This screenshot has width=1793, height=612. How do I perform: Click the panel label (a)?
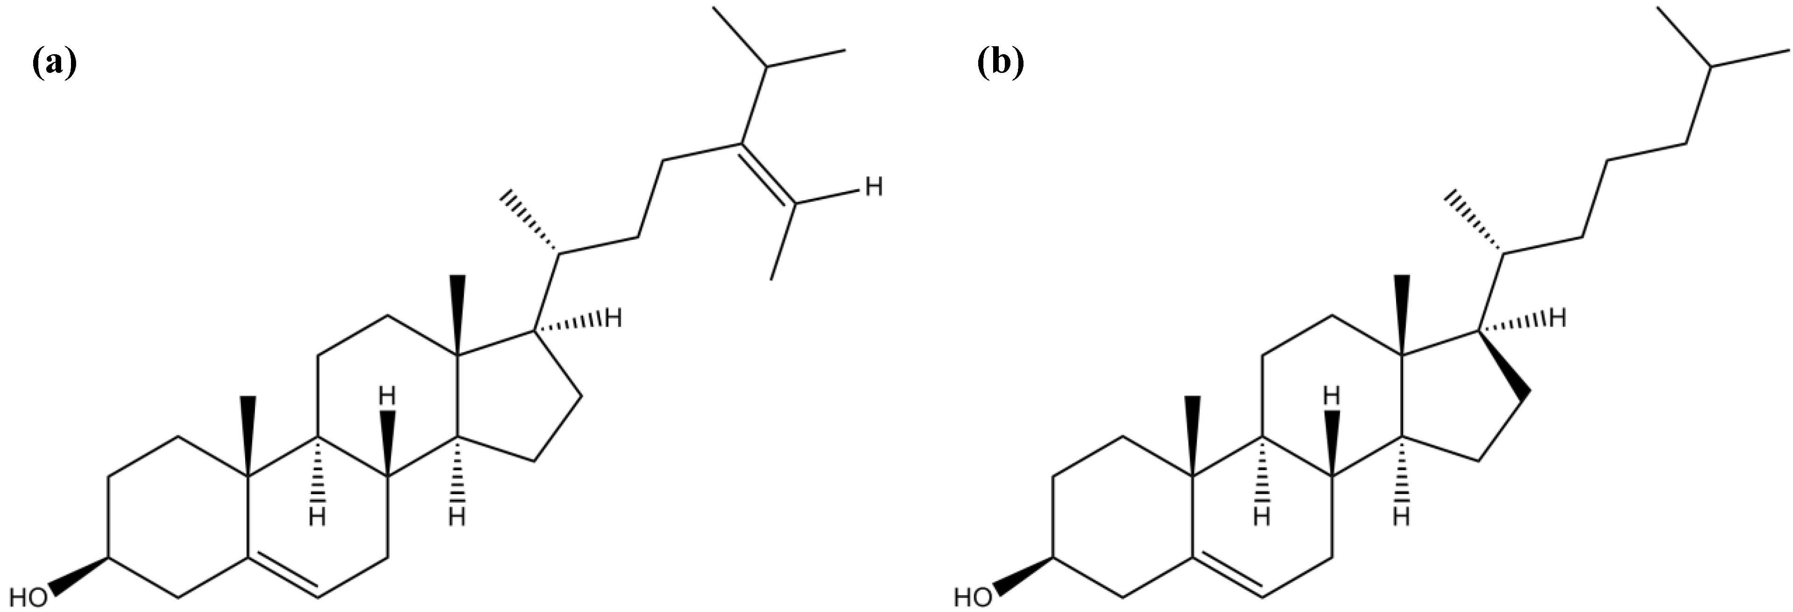point(54,64)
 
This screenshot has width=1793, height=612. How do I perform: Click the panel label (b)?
point(1000,64)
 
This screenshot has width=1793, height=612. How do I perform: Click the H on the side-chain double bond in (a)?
point(874,186)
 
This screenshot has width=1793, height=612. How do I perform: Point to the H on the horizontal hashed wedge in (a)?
point(613,320)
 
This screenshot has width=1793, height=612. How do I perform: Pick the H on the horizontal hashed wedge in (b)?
point(1557,320)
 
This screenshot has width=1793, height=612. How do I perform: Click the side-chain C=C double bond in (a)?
point(767,174)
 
